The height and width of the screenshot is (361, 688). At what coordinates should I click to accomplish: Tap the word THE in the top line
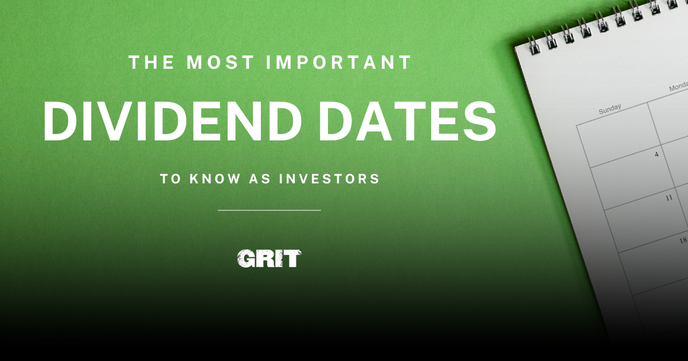(x=147, y=62)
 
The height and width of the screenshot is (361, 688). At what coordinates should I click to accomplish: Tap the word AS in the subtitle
(x=260, y=179)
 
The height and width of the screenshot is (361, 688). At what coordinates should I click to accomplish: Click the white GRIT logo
(x=269, y=259)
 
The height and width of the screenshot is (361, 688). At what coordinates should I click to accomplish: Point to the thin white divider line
(x=269, y=210)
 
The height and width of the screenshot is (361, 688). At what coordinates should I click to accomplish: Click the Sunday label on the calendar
(x=609, y=109)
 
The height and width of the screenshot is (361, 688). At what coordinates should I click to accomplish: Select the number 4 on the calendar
(x=656, y=154)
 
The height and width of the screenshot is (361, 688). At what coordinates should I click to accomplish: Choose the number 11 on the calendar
(x=669, y=198)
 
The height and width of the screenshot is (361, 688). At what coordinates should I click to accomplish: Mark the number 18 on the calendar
(x=682, y=241)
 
